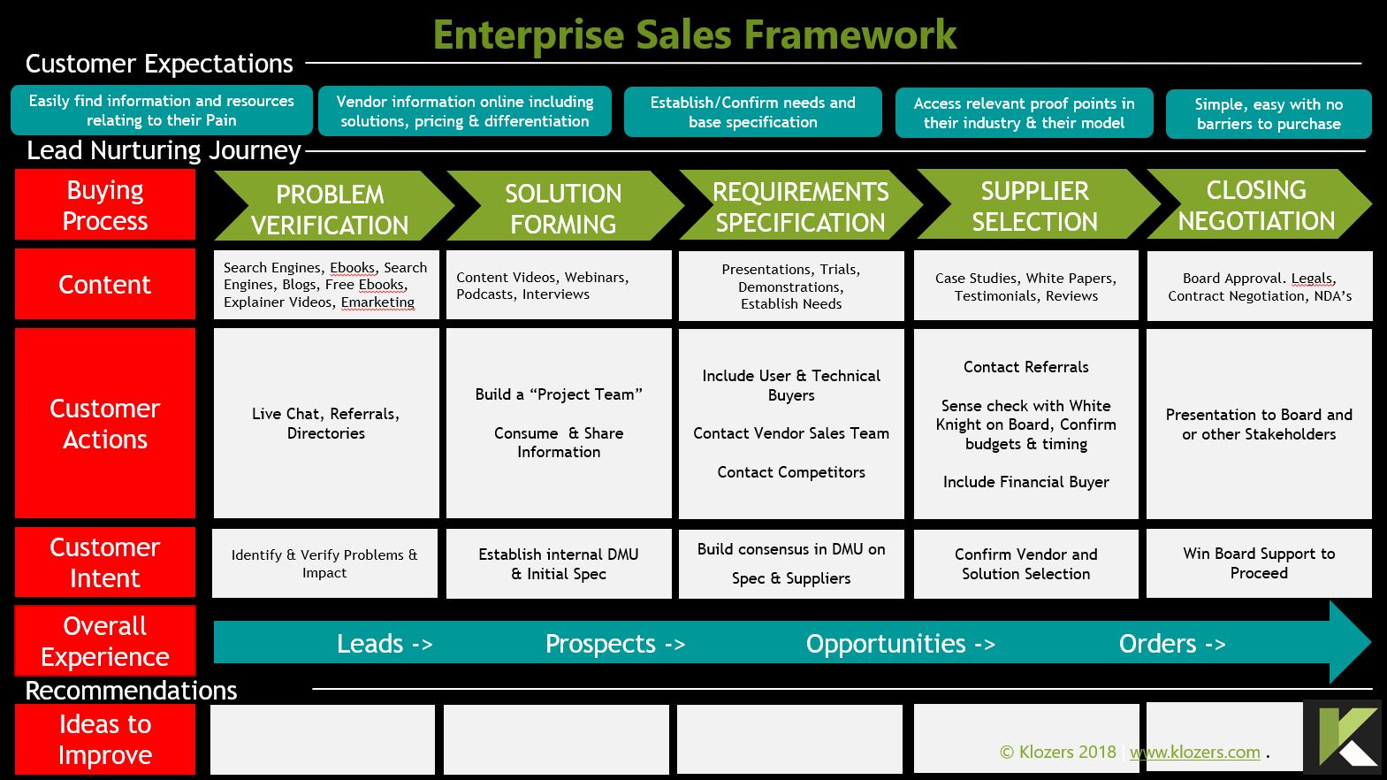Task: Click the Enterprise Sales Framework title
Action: tap(694, 35)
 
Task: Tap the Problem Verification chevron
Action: tap(330, 209)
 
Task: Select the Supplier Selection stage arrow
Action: tap(1034, 206)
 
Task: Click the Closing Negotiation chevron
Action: tap(1256, 205)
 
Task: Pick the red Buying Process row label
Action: tap(105, 205)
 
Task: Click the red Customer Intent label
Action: tap(105, 562)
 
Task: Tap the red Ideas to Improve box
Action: tap(105, 739)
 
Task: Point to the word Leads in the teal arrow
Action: tap(370, 644)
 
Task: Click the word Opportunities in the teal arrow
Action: tap(886, 644)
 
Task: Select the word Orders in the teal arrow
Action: tap(1158, 644)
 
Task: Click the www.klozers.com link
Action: tap(1195, 753)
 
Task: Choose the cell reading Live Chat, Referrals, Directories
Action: tap(326, 424)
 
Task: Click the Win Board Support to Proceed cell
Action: tap(1259, 563)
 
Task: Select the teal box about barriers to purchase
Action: tap(1269, 114)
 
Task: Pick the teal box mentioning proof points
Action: tap(1024, 113)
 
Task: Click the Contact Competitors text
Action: tap(791, 472)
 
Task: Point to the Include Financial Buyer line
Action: tap(1025, 482)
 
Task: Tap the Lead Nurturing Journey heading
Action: tap(164, 150)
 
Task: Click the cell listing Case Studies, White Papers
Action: tap(1025, 287)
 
